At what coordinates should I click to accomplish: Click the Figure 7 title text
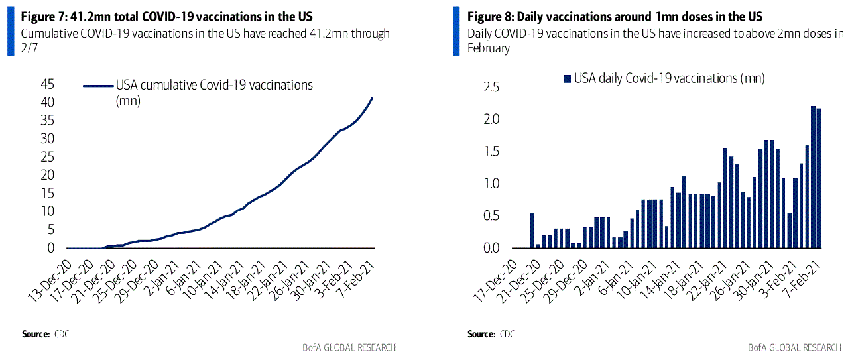166,16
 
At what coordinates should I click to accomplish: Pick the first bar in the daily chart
532,230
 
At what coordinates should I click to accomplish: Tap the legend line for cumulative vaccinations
97,86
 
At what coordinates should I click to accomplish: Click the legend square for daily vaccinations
567,79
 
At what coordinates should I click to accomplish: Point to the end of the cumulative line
372,98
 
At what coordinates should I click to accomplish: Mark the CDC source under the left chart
62,333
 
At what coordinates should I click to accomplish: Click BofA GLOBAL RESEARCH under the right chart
794,347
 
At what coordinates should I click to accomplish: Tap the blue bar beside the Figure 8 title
455,30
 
